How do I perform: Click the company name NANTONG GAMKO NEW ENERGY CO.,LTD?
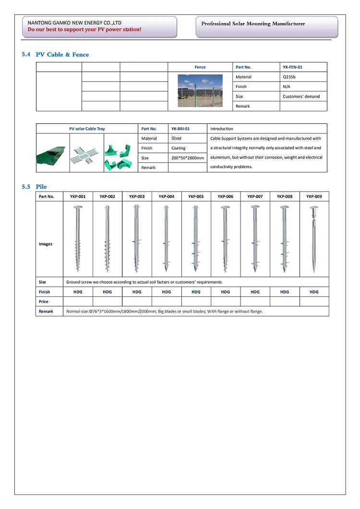[x=74, y=23]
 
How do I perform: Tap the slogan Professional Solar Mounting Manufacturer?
[x=253, y=24]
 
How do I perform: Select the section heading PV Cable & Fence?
[x=62, y=55]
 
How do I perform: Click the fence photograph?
[x=200, y=90]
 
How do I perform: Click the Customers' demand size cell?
[x=301, y=97]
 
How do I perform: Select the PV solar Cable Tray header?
[x=87, y=129]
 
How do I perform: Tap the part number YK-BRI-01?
[x=180, y=129]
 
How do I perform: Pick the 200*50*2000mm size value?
[x=188, y=158]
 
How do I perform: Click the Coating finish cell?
[x=179, y=148]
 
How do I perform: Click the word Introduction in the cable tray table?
[x=222, y=129]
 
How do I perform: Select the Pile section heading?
[x=41, y=186]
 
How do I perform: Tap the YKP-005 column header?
[x=196, y=196]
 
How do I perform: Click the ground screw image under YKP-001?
[x=78, y=239]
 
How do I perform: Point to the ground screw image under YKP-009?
[x=314, y=239]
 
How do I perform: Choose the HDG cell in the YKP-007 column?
[x=255, y=292]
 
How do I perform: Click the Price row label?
[x=44, y=302]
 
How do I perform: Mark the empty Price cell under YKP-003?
[x=137, y=302]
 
